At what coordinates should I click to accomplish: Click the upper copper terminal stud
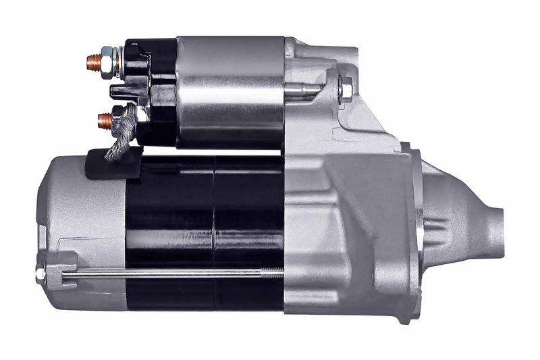coord(93,63)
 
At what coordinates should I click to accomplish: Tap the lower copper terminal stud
coord(103,122)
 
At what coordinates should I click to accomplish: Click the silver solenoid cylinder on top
coord(230,91)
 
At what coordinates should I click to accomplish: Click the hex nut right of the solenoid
coord(345,88)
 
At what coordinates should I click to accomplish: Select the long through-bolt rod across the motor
coord(169,273)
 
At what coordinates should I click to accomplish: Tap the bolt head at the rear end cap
coord(40,273)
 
